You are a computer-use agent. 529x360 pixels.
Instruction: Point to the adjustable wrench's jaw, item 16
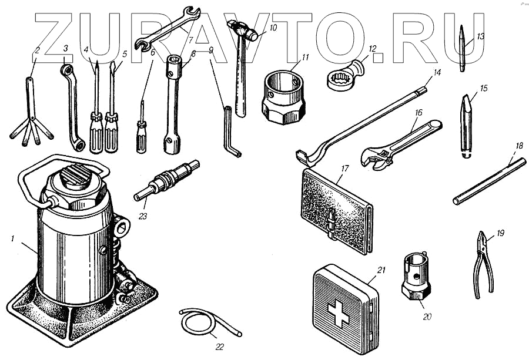[x=376, y=158]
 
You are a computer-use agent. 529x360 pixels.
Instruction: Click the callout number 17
[x=344, y=169]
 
